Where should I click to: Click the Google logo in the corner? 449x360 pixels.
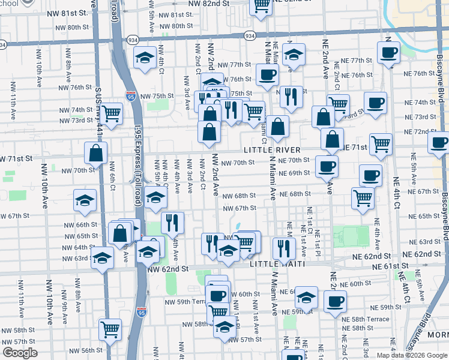(x=20, y=353)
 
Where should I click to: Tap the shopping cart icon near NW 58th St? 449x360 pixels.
(x=110, y=328)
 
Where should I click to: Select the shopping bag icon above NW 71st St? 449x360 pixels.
(x=95, y=152)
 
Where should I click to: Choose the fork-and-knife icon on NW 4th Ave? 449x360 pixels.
(x=172, y=223)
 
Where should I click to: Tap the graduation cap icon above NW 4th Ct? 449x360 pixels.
(x=145, y=58)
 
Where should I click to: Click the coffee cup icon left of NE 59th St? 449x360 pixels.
(x=336, y=301)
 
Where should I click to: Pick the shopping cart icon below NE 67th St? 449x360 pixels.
(x=363, y=197)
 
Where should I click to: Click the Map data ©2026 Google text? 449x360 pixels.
(x=412, y=355)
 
